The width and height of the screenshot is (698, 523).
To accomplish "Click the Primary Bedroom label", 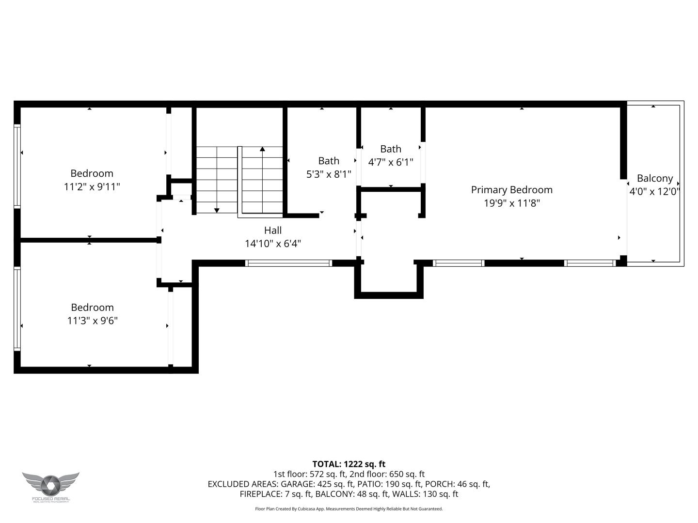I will coord(511,190).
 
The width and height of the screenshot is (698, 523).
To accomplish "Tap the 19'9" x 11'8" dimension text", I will coord(511,203).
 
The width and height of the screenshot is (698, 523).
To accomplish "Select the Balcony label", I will coord(654,178).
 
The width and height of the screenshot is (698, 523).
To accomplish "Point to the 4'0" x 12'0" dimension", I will coord(654,191).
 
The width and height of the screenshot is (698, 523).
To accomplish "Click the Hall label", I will coord(273,231).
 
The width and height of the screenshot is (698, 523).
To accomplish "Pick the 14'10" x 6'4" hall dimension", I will coord(273,244).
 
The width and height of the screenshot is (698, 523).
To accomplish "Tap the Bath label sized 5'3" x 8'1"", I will coord(329,161).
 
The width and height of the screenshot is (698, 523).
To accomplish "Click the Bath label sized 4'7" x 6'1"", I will coord(390,149).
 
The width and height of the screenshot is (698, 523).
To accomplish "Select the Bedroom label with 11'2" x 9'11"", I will coord(92,173).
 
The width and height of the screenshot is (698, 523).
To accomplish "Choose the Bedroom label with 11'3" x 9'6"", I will coord(92,308).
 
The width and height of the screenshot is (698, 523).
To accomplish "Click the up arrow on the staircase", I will coord(262,150).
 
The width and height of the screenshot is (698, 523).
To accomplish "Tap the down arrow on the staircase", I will coord(217,210).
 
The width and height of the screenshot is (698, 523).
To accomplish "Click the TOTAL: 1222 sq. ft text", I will coord(349,464).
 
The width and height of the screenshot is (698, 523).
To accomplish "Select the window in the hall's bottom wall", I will coord(288,263).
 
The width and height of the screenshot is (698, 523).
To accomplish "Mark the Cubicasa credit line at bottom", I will coord(349,509).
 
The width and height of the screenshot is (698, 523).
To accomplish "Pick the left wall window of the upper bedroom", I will coord(17,166).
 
